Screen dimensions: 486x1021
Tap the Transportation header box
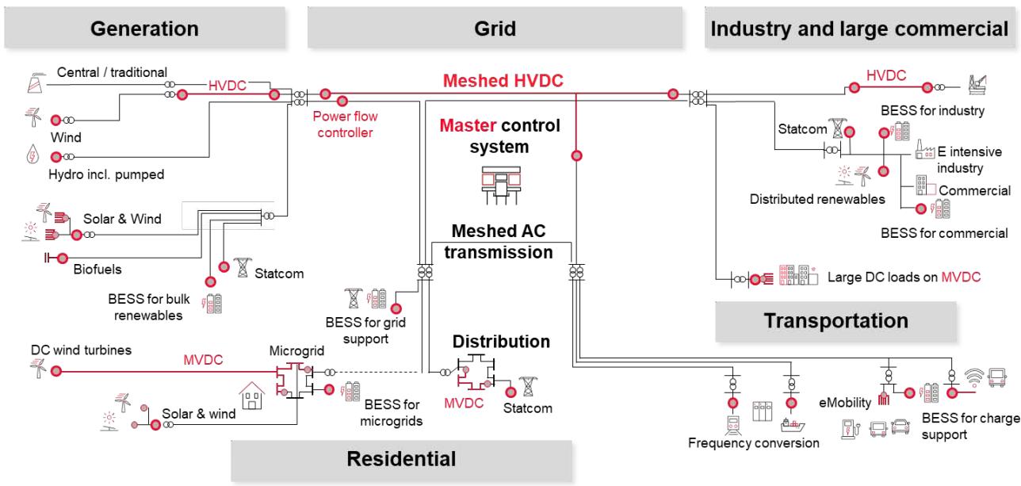tap(836, 321)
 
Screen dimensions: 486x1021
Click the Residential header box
tap(403, 458)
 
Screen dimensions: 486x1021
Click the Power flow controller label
tap(345, 124)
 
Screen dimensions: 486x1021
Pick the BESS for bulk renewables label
tap(147, 308)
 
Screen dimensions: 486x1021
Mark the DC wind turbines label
tap(81, 350)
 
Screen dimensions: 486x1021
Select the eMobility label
tap(846, 402)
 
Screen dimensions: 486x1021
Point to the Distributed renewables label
tap(817, 199)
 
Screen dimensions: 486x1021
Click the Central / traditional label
tap(112, 73)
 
